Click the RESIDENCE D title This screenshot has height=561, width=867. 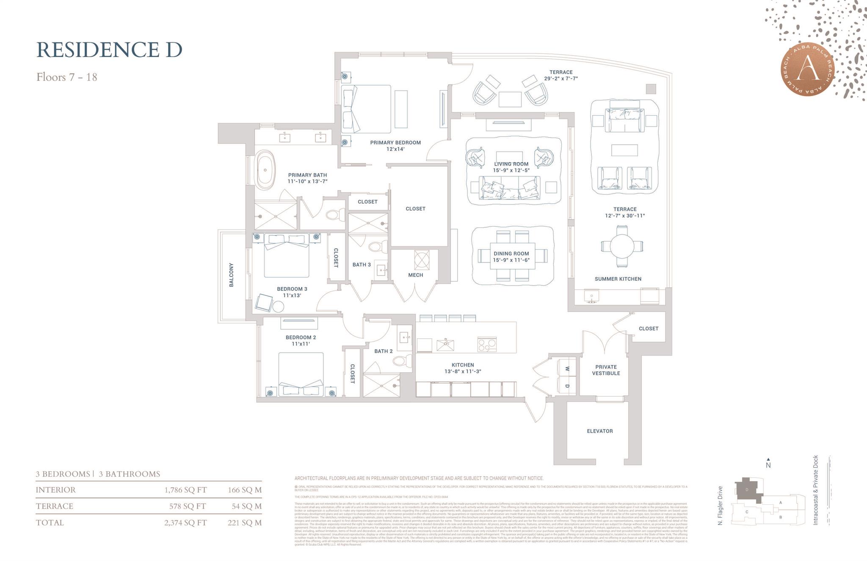point(109,50)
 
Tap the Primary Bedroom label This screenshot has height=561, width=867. point(395,143)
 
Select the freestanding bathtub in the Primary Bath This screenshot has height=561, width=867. point(265,170)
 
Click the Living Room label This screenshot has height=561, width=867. point(511,164)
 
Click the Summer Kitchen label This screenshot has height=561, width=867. point(618,279)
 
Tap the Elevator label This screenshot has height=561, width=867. point(599,431)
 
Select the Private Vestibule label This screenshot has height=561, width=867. point(606,370)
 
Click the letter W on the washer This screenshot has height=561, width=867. point(567,369)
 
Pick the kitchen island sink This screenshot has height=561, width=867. point(445,345)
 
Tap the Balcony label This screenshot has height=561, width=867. point(231,275)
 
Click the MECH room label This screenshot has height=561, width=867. point(415,275)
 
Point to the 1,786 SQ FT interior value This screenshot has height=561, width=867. point(185,490)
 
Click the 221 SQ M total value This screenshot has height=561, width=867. point(244,522)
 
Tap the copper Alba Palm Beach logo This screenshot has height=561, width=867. point(807,70)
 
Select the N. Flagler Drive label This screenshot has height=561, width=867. point(720,506)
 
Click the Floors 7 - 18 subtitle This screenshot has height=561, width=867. point(67,77)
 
